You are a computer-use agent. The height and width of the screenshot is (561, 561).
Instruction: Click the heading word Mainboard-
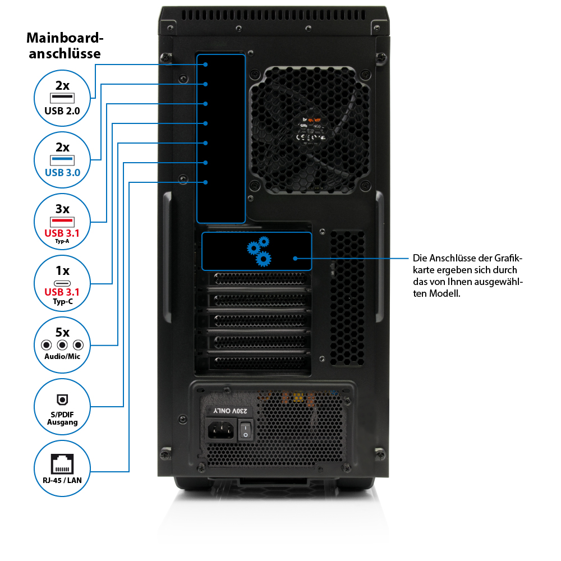point(66,39)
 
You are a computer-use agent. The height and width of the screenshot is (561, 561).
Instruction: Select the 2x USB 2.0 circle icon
point(62,98)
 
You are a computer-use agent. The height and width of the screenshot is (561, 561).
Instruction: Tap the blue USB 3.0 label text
point(62,172)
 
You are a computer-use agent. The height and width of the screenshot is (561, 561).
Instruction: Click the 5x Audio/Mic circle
point(62,345)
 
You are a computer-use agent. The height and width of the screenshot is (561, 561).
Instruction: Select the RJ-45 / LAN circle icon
point(62,468)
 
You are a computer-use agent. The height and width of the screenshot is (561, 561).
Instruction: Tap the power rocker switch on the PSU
point(245,431)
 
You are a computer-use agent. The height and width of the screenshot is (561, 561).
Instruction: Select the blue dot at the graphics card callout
point(295,259)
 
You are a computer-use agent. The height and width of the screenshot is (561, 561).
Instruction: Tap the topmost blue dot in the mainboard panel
point(206,65)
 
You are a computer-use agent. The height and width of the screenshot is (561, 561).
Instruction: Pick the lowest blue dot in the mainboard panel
point(206,182)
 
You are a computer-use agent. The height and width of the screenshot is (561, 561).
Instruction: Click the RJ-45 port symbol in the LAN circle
point(62,463)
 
